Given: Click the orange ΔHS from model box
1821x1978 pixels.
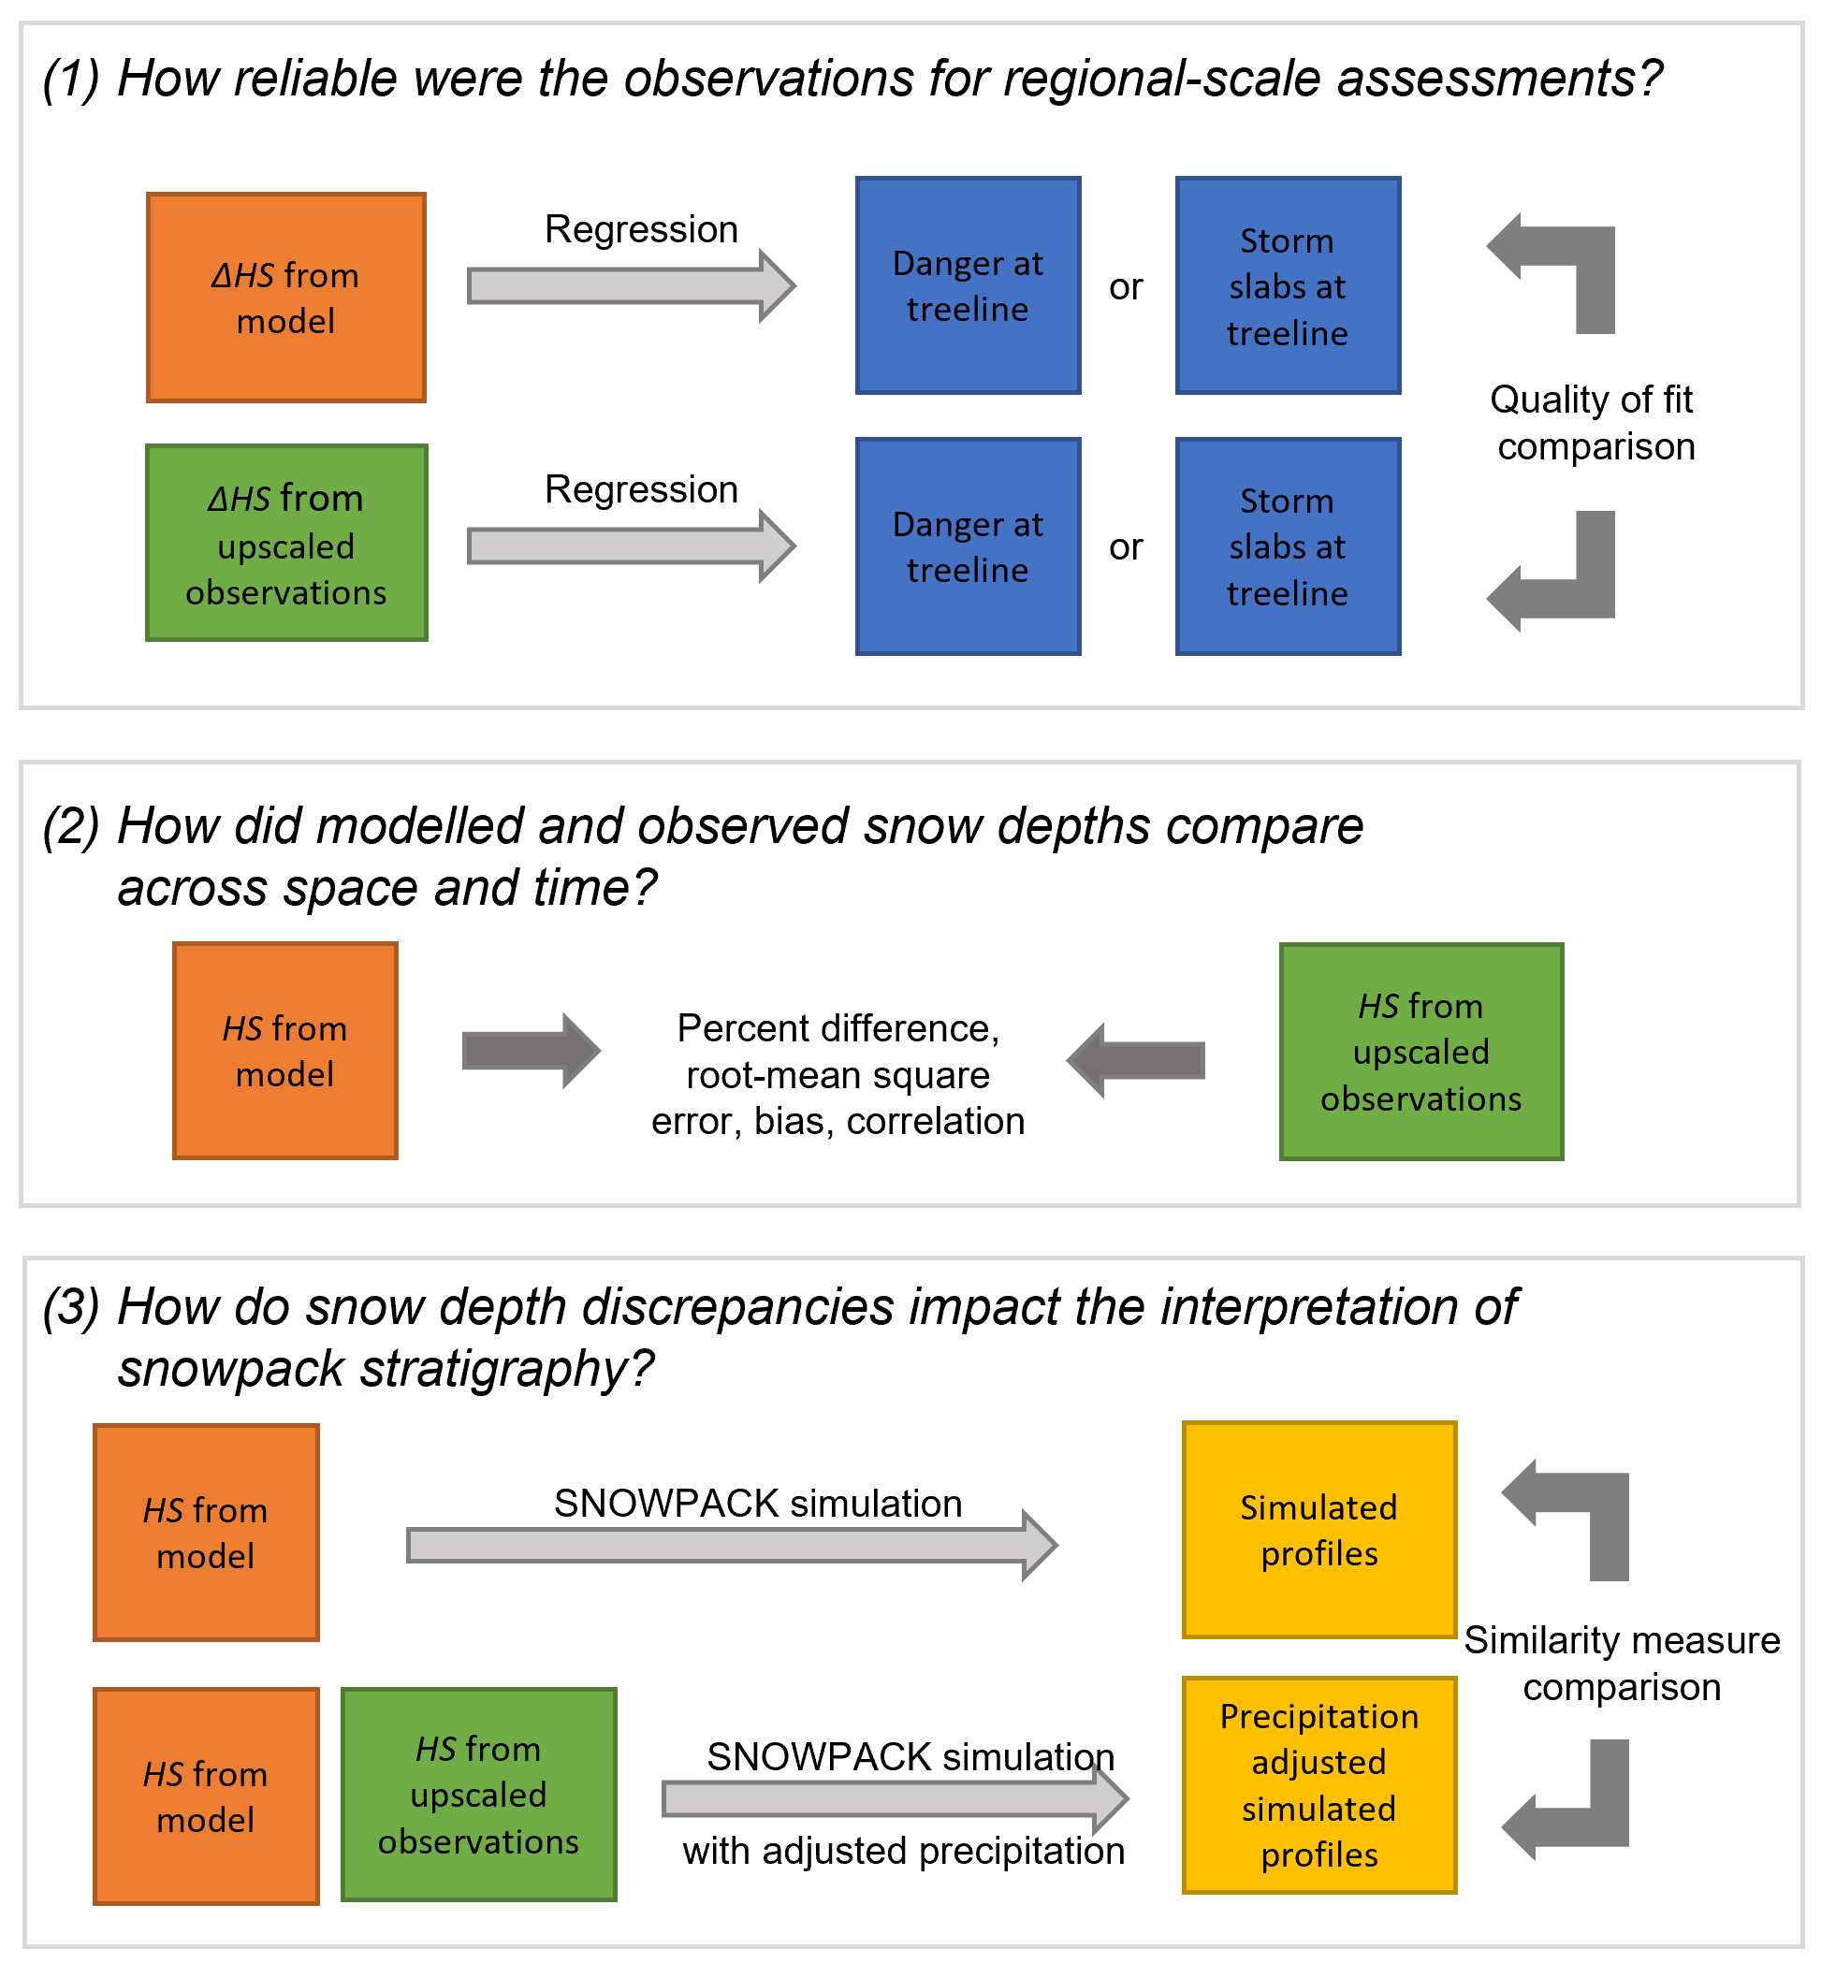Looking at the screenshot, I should click(x=285, y=298).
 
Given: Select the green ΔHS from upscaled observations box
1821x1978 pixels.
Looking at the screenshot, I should click(x=285, y=543).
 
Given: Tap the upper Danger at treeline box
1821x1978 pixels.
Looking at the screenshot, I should click(x=968, y=285).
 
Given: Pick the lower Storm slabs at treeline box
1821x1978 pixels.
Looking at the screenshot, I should click(x=1287, y=546).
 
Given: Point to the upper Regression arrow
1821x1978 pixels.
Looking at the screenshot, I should click(x=631, y=285).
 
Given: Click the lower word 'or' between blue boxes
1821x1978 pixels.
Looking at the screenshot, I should click(x=1126, y=546).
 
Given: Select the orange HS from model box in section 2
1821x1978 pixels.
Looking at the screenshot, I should click(x=284, y=1050).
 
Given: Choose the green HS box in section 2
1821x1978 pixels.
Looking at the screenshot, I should click(x=1420, y=1051).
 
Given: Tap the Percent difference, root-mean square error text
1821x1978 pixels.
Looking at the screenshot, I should click(x=838, y=1074).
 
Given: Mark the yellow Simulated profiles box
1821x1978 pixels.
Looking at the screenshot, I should click(x=1318, y=1530).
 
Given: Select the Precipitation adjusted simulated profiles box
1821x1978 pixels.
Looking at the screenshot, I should click(x=1318, y=1784).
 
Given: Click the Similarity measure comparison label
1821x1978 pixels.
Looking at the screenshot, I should click(x=1621, y=1664).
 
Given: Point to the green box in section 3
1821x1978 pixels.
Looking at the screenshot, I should click(x=478, y=1794).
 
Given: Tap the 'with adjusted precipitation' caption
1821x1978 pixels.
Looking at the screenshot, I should click(x=903, y=1851).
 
